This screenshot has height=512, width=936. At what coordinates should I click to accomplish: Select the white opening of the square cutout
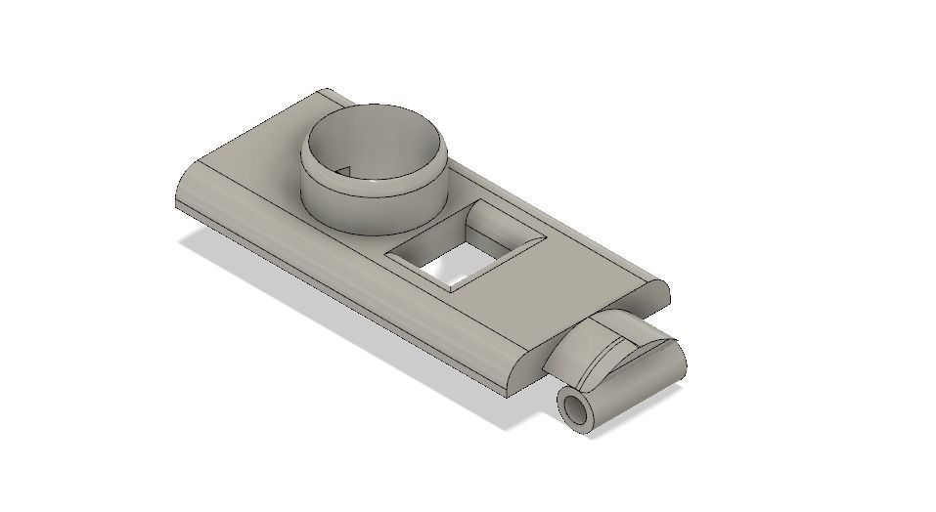click(455, 262)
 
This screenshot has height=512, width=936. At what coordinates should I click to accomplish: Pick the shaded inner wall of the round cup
click(391, 137)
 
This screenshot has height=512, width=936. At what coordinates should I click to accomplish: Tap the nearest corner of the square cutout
click(452, 291)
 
